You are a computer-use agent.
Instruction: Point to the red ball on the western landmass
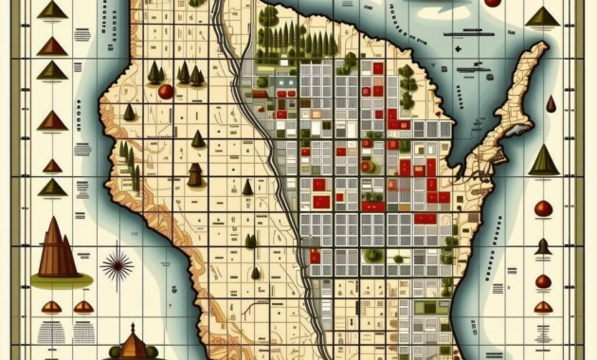(165, 92)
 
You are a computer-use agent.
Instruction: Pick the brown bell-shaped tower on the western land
(195, 174)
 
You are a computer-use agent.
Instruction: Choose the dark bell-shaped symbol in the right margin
(543, 247)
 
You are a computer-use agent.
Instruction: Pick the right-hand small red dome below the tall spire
(83, 306)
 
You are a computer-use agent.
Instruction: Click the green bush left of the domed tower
(114, 351)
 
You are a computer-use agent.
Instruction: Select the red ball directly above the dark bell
(543, 208)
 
